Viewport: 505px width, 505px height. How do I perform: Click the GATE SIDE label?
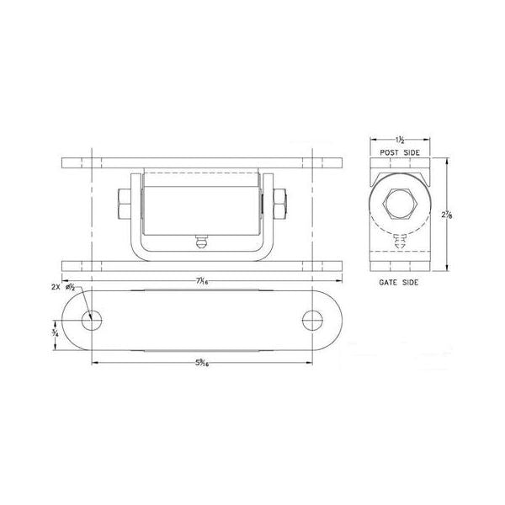[x=399, y=284]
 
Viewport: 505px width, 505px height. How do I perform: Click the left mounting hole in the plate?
[x=92, y=320]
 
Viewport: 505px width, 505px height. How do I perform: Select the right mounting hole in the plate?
[x=312, y=320]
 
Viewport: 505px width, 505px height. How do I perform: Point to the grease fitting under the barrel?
[x=200, y=243]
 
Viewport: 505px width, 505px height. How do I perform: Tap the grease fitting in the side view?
[x=400, y=242]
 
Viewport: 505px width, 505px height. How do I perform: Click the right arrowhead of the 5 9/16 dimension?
[x=309, y=363]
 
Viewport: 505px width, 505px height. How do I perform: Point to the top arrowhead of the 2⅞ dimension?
[x=446, y=160]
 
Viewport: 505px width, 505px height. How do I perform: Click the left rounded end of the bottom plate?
[x=67, y=320]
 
